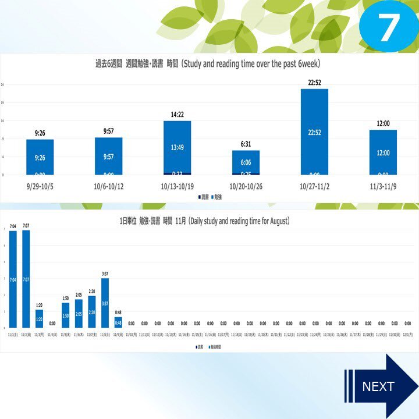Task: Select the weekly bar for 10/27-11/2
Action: [x=314, y=132]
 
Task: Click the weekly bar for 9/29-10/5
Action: [x=40, y=157]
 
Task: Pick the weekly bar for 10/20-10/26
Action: [x=246, y=163]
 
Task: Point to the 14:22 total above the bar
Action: [x=177, y=115]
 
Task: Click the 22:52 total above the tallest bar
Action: [x=314, y=83]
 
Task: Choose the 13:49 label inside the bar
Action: [x=177, y=148]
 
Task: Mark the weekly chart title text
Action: [x=208, y=63]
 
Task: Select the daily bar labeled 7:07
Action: [x=26, y=279]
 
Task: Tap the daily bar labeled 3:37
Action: [x=105, y=303]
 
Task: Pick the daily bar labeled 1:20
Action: [x=40, y=319]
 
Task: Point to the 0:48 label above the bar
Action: [x=118, y=312]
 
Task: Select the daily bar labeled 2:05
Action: [x=79, y=314]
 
